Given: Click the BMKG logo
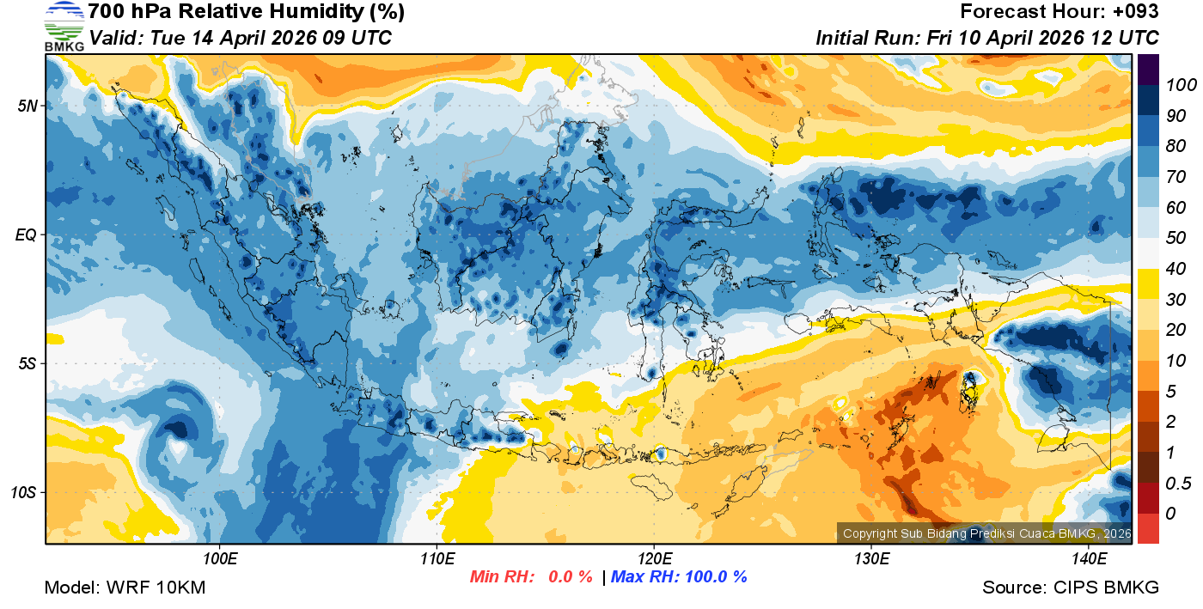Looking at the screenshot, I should (x=64, y=27).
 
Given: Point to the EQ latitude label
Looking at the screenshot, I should (x=27, y=234).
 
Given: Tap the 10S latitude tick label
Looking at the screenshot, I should (x=23, y=493).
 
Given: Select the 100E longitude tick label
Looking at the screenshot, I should (x=219, y=558).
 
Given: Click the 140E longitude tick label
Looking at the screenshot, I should (x=1089, y=558).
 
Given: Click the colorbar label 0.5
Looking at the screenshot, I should (x=1177, y=484).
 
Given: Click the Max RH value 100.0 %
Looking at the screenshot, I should (x=714, y=576).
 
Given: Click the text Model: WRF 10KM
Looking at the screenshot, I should (x=125, y=588).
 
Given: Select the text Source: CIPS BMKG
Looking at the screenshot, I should (x=1071, y=588).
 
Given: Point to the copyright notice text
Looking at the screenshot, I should (x=984, y=533).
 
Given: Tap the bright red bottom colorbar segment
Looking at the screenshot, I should (x=1148, y=528).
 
